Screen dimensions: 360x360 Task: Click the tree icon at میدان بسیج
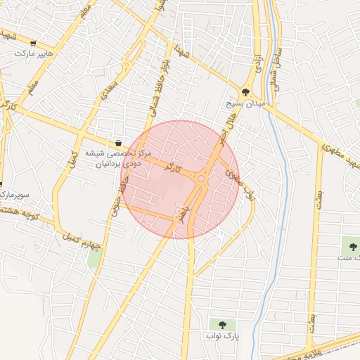click(x=245, y=91)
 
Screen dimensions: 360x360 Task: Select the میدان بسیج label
click(x=246, y=103)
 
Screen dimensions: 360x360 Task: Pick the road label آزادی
click(x=258, y=65)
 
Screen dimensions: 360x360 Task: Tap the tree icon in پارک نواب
click(x=222, y=325)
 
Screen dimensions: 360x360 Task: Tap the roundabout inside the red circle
click(x=201, y=179)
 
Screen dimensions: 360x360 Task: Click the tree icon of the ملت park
click(x=352, y=247)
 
